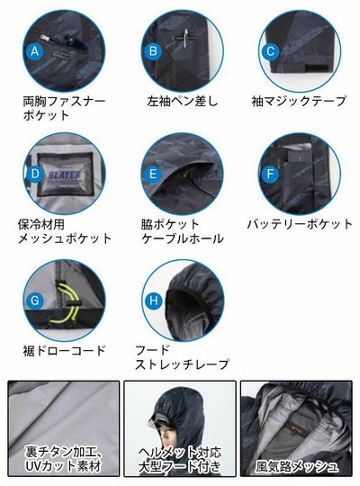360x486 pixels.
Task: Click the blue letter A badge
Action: [x=37, y=52]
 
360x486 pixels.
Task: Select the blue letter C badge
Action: [x=269, y=51]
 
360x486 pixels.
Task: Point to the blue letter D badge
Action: [x=37, y=172]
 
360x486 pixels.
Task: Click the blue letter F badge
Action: [x=269, y=172]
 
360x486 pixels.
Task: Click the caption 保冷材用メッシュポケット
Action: [x=65, y=229]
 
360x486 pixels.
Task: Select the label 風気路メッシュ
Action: [x=297, y=466]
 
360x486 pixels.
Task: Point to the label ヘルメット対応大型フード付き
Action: [x=179, y=460]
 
